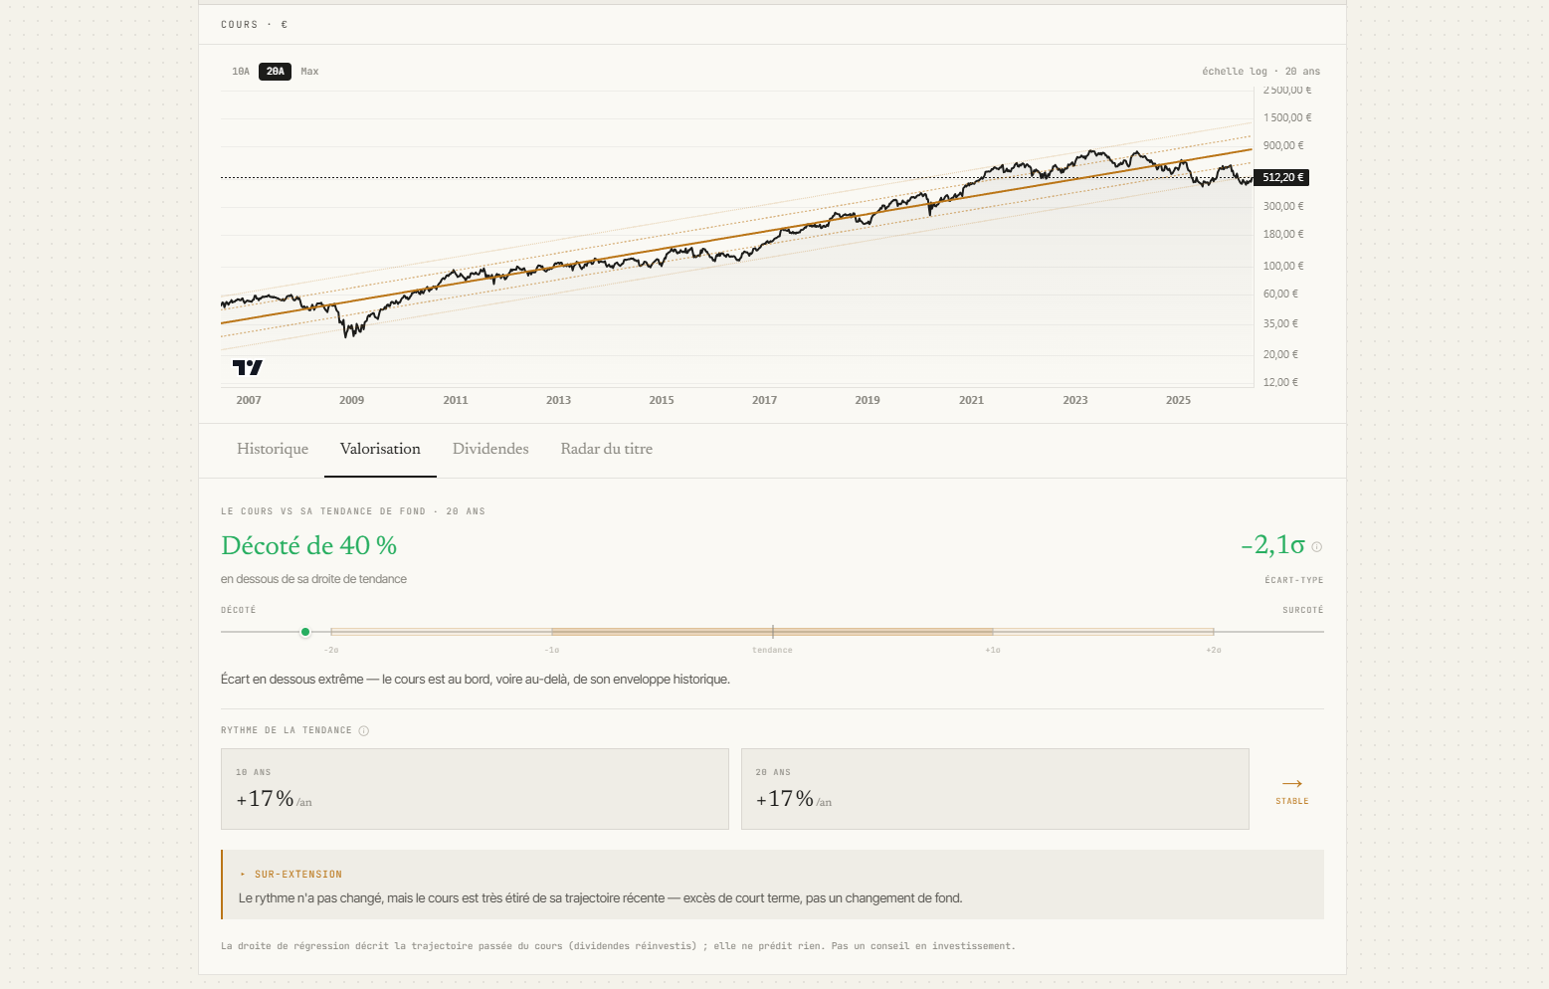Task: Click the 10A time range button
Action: pos(241,72)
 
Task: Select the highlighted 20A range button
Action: pos(276,72)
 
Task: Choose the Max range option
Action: pos(309,72)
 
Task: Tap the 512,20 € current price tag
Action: pos(1281,178)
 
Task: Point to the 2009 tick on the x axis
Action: pos(351,400)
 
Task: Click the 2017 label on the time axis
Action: pos(764,400)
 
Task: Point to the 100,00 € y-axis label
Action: pos(1283,266)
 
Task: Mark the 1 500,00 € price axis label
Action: pos(1287,117)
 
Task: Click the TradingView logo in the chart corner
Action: pos(248,367)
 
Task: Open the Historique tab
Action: pos(273,450)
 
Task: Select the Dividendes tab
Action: pos(490,450)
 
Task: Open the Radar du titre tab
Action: pos(607,450)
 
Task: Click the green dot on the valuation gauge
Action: pos(305,632)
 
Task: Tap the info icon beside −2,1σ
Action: pos(1316,547)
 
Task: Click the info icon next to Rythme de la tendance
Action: pos(364,731)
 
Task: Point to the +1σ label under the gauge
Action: pos(992,650)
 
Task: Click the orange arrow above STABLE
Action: pos(1291,784)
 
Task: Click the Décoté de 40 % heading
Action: pos(309,546)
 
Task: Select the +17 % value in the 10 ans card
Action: pos(265,800)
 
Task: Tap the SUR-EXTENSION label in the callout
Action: pos(298,875)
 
